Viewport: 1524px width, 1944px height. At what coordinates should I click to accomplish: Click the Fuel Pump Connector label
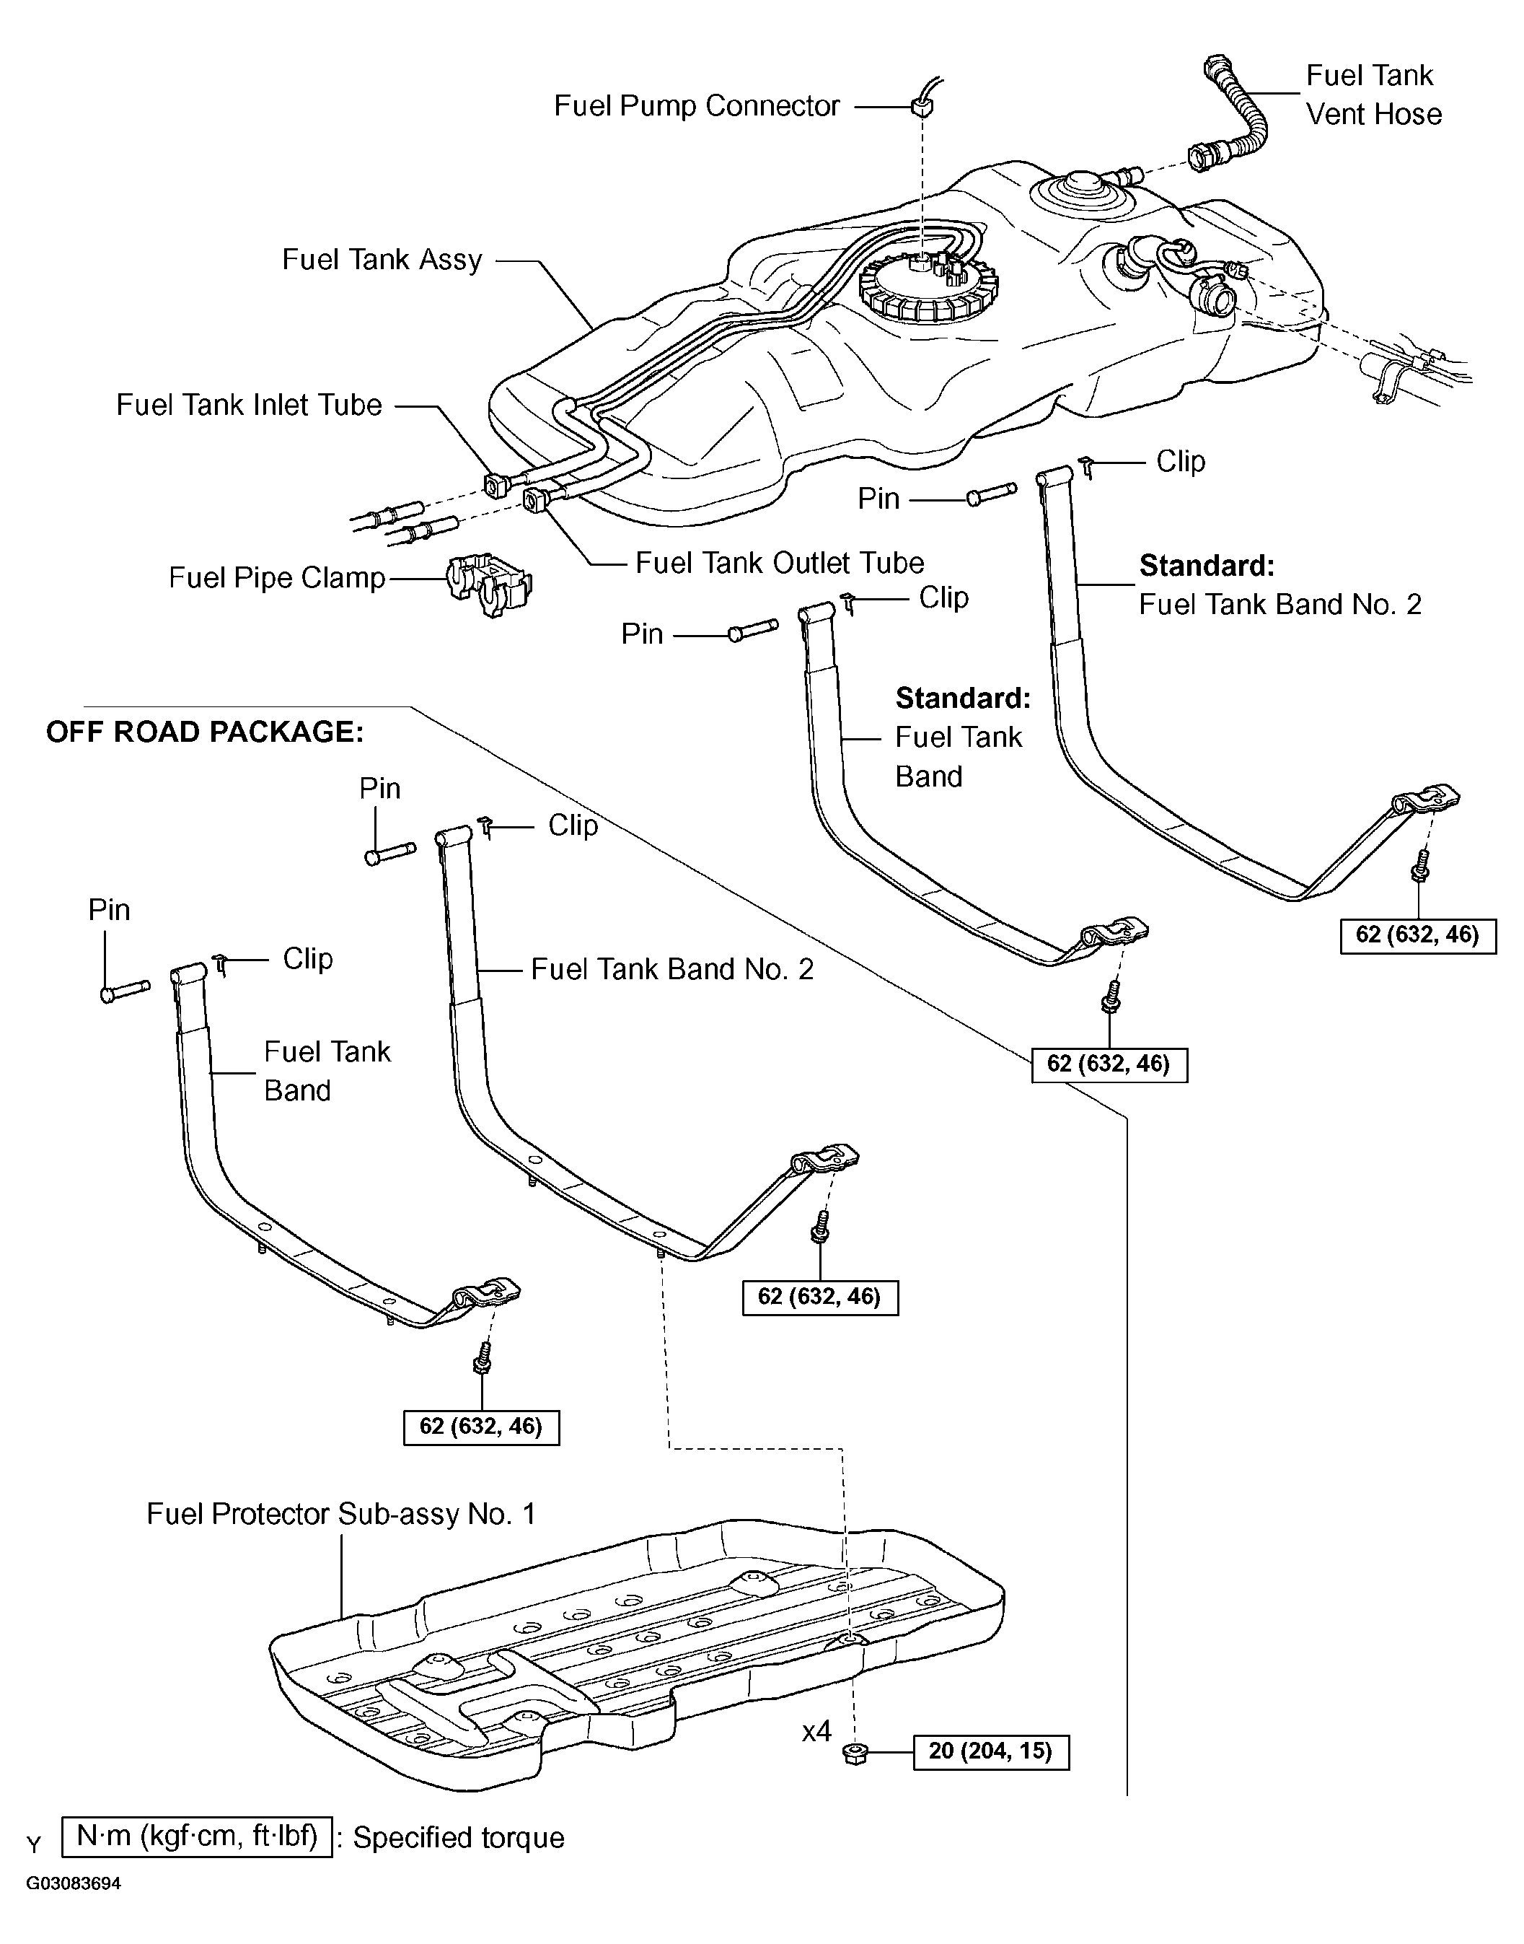[696, 106]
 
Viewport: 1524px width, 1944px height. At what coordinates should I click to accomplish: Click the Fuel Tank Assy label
[382, 260]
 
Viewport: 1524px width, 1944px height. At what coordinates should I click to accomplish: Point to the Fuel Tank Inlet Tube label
[249, 406]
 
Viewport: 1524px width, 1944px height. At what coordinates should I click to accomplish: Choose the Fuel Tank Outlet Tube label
[779, 563]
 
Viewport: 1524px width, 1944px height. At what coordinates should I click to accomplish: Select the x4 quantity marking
[816, 1733]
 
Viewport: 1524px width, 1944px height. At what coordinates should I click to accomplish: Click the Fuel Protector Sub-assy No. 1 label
[341, 1514]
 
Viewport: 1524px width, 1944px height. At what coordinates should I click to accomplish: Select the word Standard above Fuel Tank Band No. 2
[1207, 566]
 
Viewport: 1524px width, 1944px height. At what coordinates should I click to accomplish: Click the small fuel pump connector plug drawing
[923, 107]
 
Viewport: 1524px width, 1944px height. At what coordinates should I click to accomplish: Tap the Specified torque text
[459, 1838]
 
